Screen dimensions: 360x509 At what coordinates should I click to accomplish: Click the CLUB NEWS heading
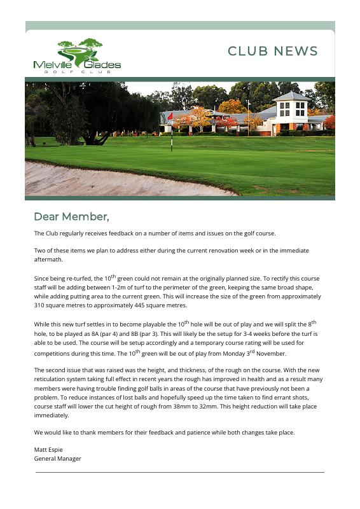(x=272, y=52)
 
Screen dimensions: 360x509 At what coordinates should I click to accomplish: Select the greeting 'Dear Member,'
(x=71, y=217)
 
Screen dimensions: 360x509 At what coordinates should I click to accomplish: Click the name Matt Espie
(x=48, y=450)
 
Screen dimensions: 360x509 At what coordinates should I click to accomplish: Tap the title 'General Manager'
(x=57, y=459)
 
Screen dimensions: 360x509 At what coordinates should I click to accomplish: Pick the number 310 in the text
(x=39, y=306)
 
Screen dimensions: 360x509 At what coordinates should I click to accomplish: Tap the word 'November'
(x=271, y=354)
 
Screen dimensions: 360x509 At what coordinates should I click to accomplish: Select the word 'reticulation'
(x=52, y=379)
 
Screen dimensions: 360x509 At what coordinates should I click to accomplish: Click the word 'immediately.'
(x=52, y=415)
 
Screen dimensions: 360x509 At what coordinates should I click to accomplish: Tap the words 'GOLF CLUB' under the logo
(x=78, y=72)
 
